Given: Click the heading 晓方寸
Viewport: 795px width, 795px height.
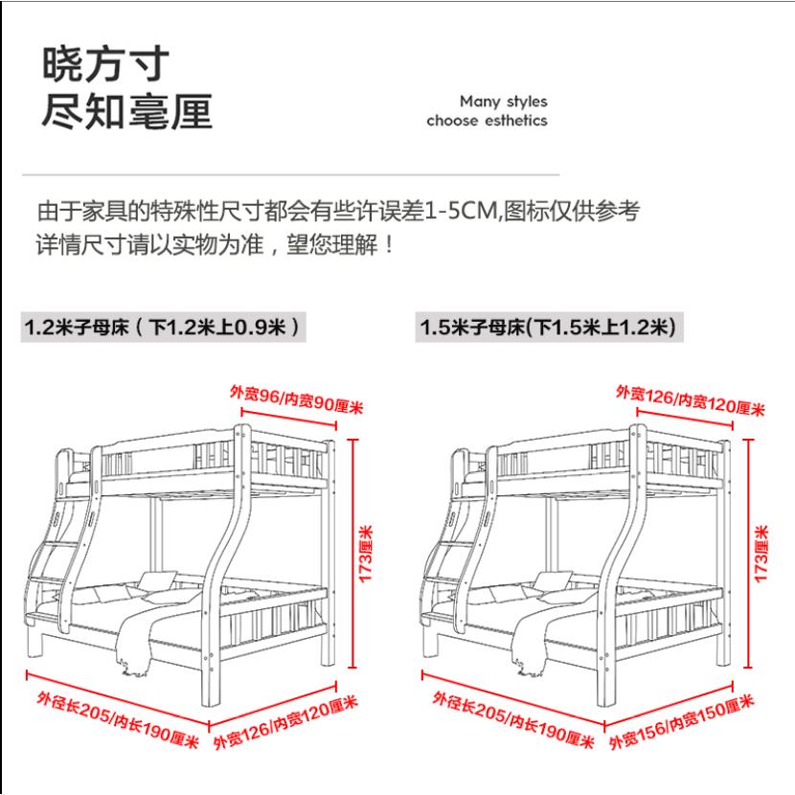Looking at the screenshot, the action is [105, 64].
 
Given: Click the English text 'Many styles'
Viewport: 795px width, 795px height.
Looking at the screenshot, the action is [504, 102].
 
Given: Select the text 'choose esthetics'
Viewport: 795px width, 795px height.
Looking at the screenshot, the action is [488, 122].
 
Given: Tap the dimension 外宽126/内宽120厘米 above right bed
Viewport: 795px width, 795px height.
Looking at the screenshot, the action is [690, 400].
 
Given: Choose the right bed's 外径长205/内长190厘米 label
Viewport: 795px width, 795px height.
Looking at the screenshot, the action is [511, 720].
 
